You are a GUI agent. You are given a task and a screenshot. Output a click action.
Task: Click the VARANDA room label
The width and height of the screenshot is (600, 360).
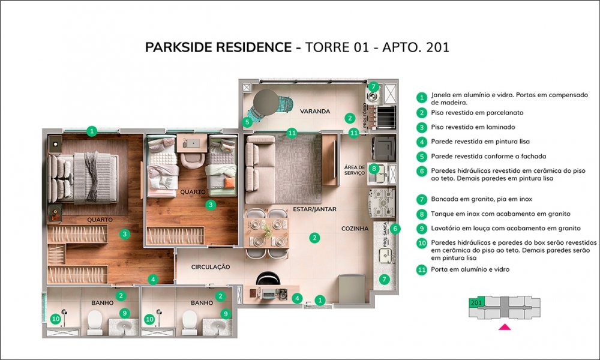point(315,112)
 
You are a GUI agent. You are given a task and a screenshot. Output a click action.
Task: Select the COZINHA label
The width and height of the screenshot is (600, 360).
point(355,229)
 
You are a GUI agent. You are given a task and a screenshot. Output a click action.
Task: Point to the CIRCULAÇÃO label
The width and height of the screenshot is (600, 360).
point(211,267)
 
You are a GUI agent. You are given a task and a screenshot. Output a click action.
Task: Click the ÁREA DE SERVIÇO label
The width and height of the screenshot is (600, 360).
point(355,170)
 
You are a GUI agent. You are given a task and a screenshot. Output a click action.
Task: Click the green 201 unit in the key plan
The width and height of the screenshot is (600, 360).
point(476,302)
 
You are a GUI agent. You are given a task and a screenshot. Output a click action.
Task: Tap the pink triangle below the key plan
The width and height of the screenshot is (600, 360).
point(505,327)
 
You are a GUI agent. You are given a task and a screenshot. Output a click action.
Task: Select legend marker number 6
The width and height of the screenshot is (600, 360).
point(422,170)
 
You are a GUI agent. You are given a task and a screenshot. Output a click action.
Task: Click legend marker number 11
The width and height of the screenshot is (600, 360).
point(422,270)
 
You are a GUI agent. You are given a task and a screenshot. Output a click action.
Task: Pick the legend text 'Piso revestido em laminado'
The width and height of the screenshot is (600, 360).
point(473,127)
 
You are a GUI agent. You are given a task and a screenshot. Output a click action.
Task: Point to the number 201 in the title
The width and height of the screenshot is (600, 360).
point(437,47)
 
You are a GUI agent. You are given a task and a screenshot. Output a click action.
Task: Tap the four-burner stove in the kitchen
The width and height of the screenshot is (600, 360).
point(381,203)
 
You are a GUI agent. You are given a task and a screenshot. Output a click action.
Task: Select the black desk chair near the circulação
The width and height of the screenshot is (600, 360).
point(268,278)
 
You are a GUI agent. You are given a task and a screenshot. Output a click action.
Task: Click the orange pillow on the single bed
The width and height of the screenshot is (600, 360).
point(230,183)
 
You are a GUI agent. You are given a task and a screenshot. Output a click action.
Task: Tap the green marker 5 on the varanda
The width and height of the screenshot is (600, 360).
point(247,122)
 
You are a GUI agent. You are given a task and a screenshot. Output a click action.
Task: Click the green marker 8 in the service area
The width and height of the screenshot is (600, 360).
point(374,169)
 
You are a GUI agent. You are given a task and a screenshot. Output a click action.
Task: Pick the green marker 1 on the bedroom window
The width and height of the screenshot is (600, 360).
point(91,131)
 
